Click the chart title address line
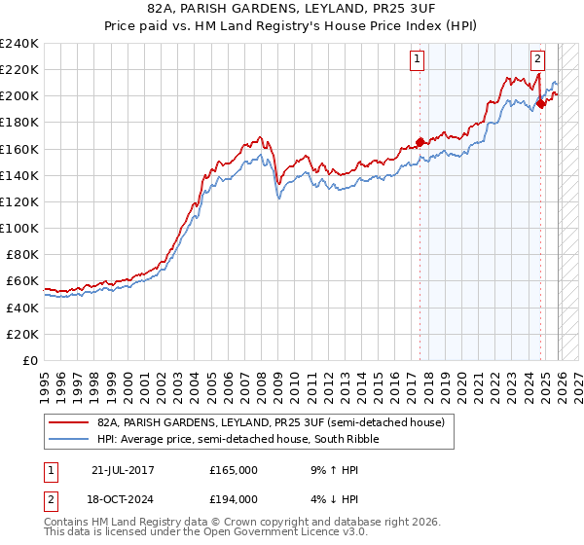(291, 10)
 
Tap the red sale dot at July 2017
(420, 142)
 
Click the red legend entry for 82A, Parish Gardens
(271, 422)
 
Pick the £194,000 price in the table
(233, 498)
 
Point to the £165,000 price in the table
(233, 470)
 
